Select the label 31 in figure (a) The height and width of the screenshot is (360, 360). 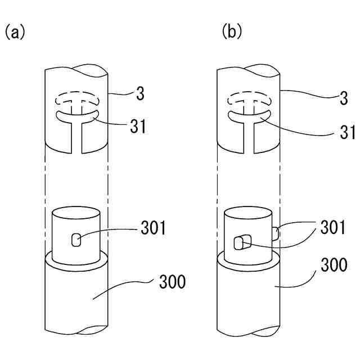(x=137, y=127)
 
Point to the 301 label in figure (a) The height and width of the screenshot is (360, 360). (x=154, y=228)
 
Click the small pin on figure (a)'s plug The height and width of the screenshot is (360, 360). (x=75, y=241)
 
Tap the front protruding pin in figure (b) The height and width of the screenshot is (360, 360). (x=241, y=242)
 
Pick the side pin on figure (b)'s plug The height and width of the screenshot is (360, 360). (x=276, y=233)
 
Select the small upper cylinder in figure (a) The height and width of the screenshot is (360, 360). (x=75, y=232)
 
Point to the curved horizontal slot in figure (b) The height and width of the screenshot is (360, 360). (x=247, y=118)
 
